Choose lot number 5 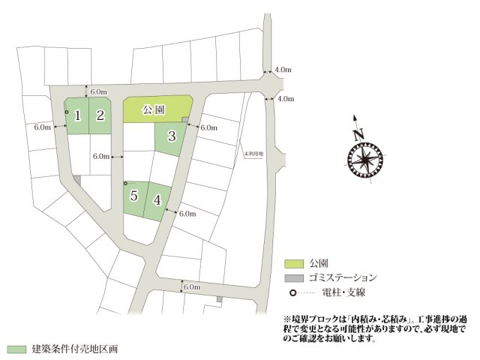point(133,196)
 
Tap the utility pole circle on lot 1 point(67,112)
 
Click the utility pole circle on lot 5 point(125,184)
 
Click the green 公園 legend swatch point(294,263)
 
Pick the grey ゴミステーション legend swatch point(294,277)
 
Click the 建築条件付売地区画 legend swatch point(16,349)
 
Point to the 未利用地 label point(254,152)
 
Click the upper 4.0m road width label point(283,70)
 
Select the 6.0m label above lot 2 point(98,92)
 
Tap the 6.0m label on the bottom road point(192,286)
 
